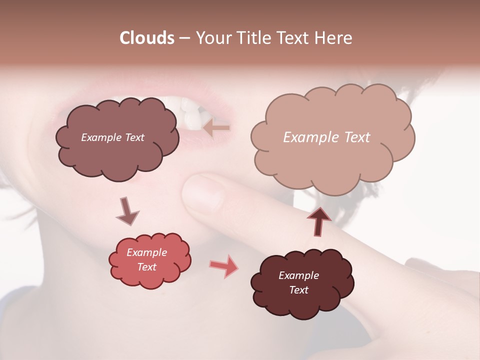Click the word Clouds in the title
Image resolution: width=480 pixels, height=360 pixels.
coord(147,38)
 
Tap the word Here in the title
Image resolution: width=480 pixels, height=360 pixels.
coord(334,38)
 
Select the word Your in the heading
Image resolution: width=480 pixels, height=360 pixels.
coord(214,38)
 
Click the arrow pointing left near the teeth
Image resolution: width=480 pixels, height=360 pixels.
coord(216,128)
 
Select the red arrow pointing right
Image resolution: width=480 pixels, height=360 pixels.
coord(223,265)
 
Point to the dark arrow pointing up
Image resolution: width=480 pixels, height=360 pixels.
coord(318,221)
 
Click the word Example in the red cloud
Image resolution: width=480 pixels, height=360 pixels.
coord(146,252)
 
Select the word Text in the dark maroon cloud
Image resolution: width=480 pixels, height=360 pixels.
coord(298,290)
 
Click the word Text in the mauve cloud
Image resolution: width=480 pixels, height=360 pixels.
coord(134,137)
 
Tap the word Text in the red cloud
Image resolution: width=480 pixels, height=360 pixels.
coord(146,267)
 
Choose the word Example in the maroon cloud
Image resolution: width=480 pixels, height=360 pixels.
coord(298,275)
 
